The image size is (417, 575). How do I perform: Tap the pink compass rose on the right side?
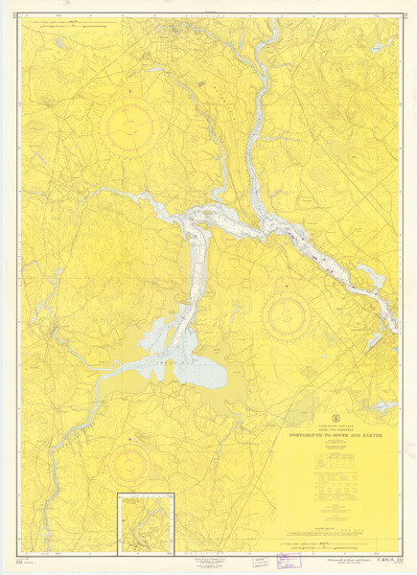287,314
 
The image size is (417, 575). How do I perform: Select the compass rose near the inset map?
128,465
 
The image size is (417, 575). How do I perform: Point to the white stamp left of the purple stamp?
261,565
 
